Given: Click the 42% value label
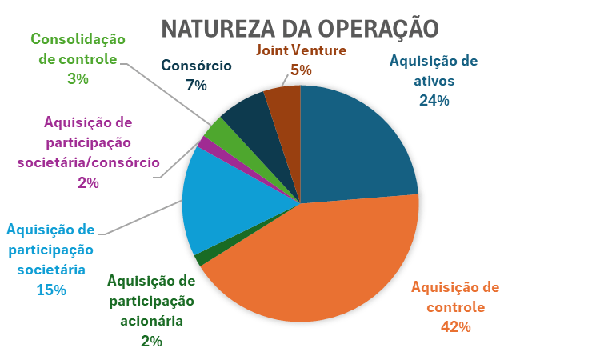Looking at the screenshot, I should [455, 326].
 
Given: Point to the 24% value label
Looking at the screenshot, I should [434, 101].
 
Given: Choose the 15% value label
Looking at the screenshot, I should [50, 289].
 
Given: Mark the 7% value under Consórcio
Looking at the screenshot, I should [196, 84].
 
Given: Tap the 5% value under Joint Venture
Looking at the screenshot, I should [301, 70].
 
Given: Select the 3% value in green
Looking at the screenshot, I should [78, 78].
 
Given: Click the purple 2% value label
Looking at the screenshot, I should [88, 182].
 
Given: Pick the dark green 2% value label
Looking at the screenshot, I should [151, 341].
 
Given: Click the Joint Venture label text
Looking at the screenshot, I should [301, 50].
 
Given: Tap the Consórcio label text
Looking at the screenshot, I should [196, 66].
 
